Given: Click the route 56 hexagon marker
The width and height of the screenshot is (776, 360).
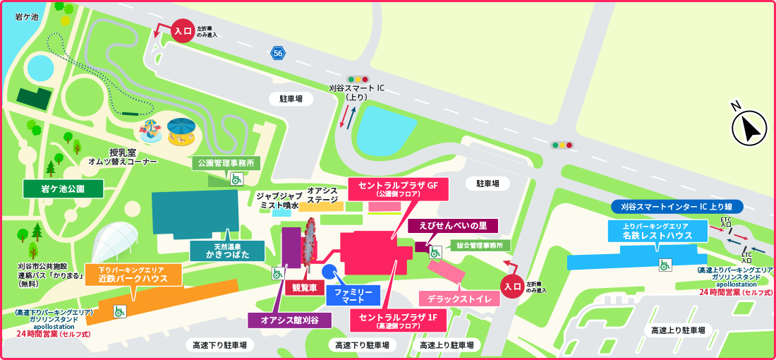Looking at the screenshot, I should (279, 53).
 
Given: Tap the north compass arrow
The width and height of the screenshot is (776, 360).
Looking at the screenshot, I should (750, 128).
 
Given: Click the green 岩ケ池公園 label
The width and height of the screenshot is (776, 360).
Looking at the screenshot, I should (63, 188).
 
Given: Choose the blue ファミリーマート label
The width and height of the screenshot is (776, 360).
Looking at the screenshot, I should (353, 294).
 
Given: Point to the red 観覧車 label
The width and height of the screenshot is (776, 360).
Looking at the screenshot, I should (303, 287).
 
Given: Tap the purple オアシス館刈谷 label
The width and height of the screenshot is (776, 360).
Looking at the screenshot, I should (290, 320).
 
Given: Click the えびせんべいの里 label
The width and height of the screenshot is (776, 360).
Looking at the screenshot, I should (453, 226).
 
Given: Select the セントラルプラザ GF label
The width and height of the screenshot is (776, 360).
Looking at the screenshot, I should (398, 188).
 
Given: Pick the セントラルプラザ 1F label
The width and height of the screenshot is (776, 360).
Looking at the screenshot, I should (399, 320).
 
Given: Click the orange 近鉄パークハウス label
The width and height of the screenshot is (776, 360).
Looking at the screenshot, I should (133, 275).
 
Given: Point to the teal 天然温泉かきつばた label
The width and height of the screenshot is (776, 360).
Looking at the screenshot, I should (227, 251).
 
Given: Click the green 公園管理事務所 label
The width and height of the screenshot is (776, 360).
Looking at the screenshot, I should (226, 163).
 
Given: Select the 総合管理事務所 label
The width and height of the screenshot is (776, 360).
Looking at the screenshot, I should (480, 245).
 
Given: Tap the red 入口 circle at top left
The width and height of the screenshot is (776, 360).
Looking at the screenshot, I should (182, 31).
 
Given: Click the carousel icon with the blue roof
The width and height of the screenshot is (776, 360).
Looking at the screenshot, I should (181, 131).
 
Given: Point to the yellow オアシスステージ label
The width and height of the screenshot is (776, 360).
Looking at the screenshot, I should (322, 195).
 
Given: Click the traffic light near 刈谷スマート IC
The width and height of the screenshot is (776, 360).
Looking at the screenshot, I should (358, 79).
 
